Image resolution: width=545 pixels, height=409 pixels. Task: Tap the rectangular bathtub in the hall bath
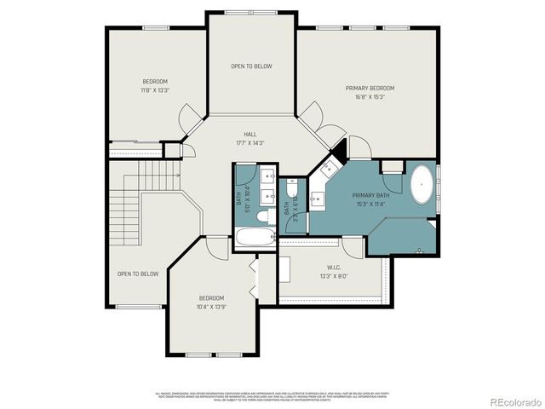(x=255, y=238)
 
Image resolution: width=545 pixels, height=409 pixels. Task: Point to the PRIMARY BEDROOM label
(x=370, y=88)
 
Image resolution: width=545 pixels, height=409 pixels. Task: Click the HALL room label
(x=250, y=135)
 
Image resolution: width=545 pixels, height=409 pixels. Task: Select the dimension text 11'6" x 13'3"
(x=154, y=89)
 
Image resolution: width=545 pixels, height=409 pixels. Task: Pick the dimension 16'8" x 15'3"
(x=370, y=96)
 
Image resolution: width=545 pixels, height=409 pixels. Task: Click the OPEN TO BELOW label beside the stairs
(x=138, y=274)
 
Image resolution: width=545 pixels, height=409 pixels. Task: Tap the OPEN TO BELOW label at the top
(x=252, y=66)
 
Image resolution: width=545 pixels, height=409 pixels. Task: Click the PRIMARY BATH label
(x=370, y=195)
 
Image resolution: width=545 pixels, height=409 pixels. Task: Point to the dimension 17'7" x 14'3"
(x=250, y=142)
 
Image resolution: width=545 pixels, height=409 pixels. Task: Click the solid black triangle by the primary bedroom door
(x=340, y=151)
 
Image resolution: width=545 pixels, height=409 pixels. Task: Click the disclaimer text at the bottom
(x=272, y=396)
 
